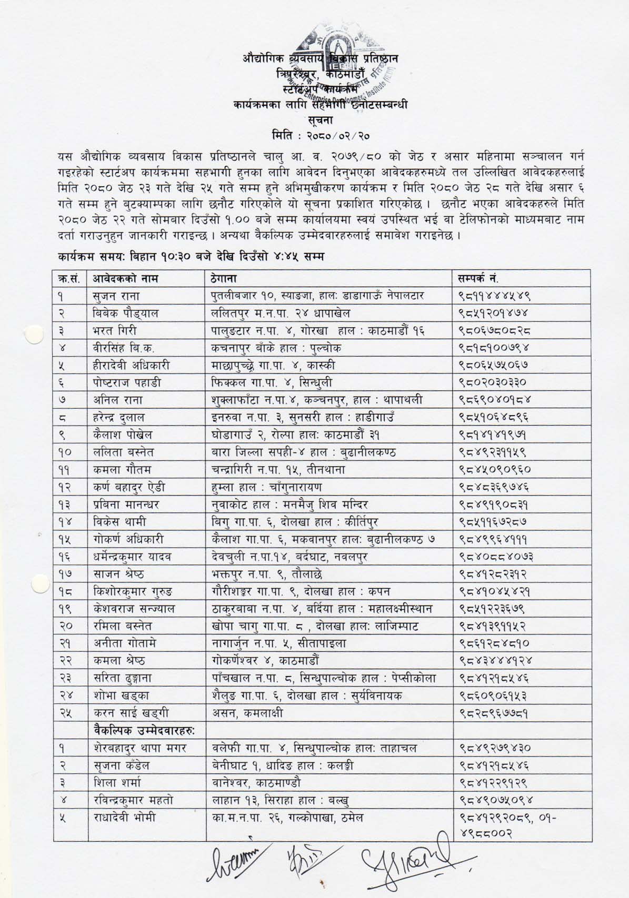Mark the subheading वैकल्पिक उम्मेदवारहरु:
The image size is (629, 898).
(141, 730)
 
